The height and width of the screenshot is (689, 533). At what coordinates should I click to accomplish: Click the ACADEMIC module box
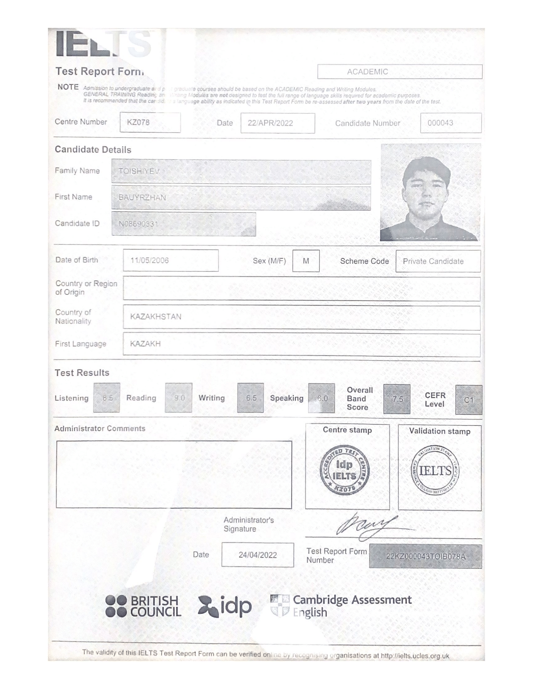pos(399,72)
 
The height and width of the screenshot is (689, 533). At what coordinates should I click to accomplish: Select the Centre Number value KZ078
pos(150,122)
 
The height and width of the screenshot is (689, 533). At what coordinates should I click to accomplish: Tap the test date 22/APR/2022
pos(277,123)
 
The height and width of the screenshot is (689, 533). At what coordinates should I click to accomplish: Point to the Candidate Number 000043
pos(451,123)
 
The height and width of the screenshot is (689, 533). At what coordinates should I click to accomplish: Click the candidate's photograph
pos(430,192)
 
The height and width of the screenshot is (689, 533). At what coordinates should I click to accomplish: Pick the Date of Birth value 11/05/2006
pos(171,260)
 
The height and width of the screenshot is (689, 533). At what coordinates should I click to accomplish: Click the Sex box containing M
pos(306,261)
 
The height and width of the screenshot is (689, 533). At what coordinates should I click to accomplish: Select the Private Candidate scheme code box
pos(438,261)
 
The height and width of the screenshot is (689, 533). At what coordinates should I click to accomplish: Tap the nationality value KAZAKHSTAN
pos(156,316)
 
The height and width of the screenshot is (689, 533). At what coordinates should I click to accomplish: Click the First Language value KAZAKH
pos(145,344)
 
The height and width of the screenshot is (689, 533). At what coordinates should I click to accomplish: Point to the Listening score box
pos(107,398)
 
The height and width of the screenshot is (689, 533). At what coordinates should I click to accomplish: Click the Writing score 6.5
pos(251,398)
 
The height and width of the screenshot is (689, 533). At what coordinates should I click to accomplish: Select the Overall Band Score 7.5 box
pos(397,399)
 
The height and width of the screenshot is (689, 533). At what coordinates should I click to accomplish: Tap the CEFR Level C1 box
pos(469,400)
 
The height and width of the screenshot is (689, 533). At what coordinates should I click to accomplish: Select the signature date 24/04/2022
pos(258,555)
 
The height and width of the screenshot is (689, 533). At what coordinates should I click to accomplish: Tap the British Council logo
pos(143,606)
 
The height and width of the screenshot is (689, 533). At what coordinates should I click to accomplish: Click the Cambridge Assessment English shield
pos(280,605)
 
